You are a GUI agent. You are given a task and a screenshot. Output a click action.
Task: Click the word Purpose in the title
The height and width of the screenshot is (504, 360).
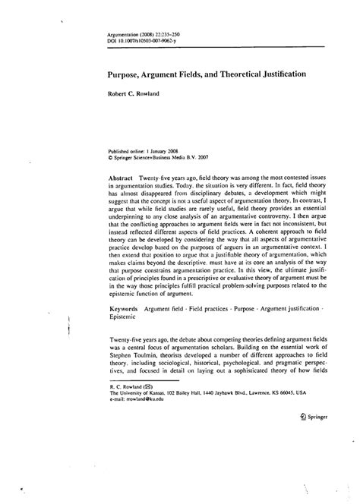tap(124, 77)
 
